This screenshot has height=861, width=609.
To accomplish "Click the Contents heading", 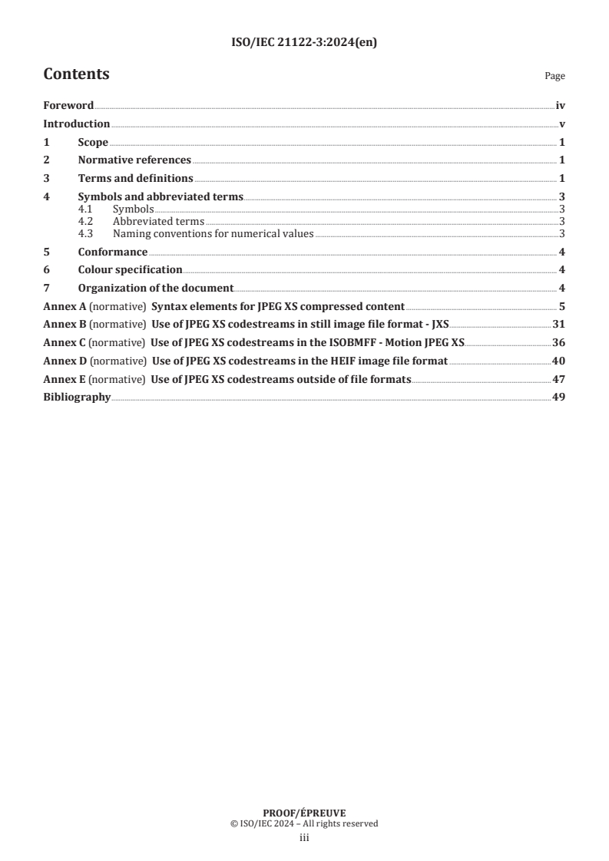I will point(76,74).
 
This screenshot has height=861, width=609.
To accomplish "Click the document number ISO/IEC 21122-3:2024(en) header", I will point(304,43).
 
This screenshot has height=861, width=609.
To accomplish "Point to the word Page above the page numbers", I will point(554,76).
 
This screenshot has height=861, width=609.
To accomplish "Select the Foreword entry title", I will point(68,106).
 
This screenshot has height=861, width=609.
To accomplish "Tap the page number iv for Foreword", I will point(560,106).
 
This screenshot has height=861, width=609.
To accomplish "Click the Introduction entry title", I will point(77,124).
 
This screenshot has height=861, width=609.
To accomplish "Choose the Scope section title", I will point(93,142).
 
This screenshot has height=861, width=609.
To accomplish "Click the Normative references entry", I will point(134,160).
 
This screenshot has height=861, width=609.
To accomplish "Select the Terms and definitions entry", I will point(135,178).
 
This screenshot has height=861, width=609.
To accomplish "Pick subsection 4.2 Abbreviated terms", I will point(158,221).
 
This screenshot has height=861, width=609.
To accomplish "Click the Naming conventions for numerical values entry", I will point(213,233).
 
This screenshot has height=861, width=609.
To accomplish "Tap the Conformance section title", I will point(113,252).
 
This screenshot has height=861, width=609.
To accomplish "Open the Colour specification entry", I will point(130,269).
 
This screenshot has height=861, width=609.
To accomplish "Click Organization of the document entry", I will point(155,288).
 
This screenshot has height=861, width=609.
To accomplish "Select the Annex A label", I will point(65,306).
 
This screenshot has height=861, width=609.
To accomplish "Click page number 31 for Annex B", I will point(559,325).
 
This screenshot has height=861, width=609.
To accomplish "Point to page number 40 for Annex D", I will point(559,361).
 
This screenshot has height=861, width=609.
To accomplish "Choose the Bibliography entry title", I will point(77,398).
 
